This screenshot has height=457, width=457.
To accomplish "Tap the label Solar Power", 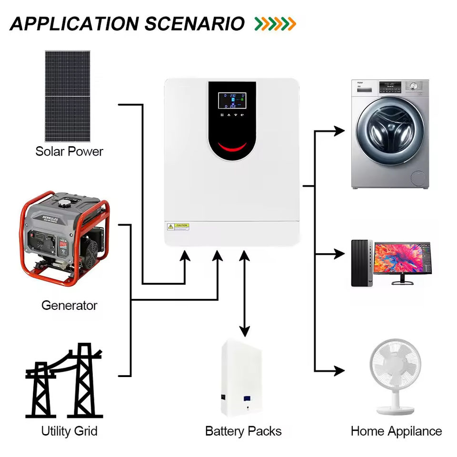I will click(x=69, y=152).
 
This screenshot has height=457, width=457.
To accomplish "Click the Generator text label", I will click(x=69, y=305).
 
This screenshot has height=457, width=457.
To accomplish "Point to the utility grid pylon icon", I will click(x=64, y=381).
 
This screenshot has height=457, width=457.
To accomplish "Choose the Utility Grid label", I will click(x=69, y=431).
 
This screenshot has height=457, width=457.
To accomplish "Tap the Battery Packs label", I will click(x=243, y=431).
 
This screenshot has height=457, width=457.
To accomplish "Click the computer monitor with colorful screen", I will click(x=402, y=259).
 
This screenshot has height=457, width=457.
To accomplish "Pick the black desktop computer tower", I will click(x=360, y=263).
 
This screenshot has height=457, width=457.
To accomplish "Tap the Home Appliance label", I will click(x=396, y=431).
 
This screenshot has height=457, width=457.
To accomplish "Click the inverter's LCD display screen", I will click(x=232, y=101).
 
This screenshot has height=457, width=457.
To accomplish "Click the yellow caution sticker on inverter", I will click(x=181, y=226).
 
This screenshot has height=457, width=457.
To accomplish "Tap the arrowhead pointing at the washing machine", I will click(x=339, y=130).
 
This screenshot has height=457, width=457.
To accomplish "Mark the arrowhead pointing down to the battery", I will click(x=245, y=331).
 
